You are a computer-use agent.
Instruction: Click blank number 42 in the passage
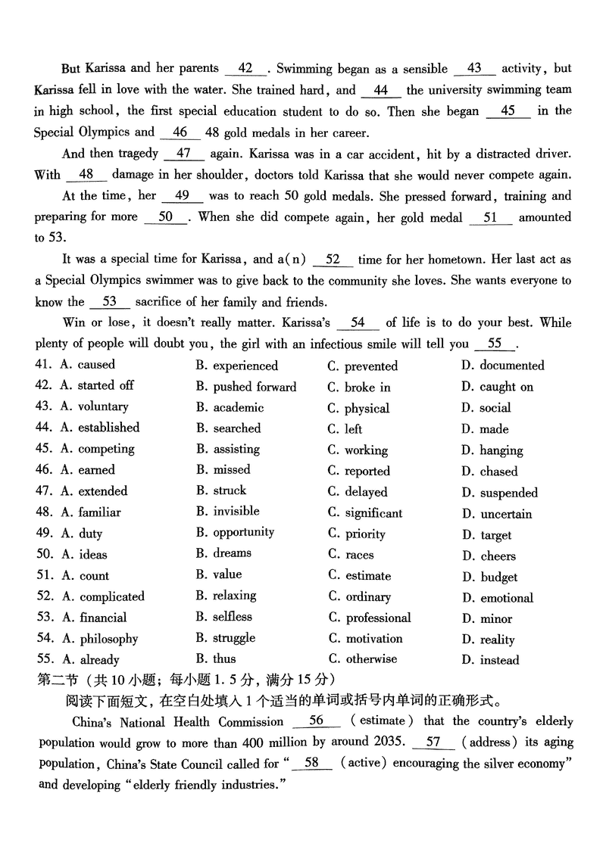(245, 68)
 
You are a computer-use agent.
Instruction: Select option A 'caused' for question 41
(96, 365)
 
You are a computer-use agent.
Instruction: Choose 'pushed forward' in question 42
(255, 387)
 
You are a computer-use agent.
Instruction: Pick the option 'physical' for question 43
(367, 408)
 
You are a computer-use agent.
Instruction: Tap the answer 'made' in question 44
(494, 429)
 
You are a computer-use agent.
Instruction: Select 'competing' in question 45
(106, 449)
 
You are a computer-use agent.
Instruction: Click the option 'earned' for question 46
(96, 470)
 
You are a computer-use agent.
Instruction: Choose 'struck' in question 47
(230, 490)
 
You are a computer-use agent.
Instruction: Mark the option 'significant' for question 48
(374, 512)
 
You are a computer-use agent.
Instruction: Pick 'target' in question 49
(495, 534)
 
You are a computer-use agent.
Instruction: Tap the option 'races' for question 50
(360, 555)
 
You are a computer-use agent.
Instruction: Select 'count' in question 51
(95, 576)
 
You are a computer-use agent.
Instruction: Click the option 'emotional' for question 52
(507, 598)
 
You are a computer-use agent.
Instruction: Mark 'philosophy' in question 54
(109, 639)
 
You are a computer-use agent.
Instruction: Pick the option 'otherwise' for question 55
(371, 658)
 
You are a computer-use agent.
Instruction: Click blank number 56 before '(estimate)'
(316, 721)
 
